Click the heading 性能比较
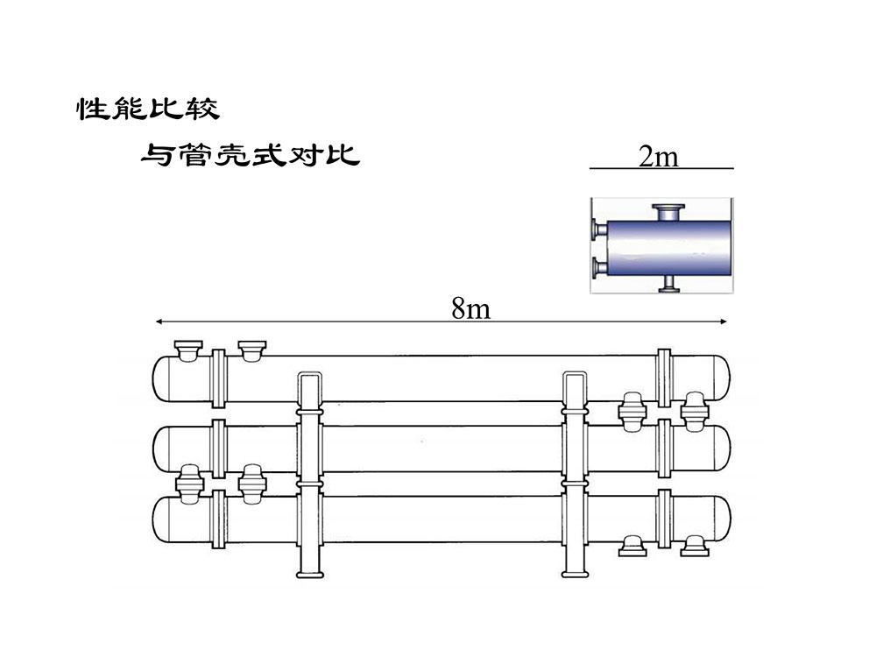147,109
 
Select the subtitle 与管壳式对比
251,156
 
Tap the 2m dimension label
659,157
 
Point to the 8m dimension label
471,307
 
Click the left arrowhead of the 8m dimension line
159,322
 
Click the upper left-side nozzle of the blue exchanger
597,230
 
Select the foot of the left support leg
310,575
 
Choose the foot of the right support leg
574,575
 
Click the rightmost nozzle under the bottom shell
696,546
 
